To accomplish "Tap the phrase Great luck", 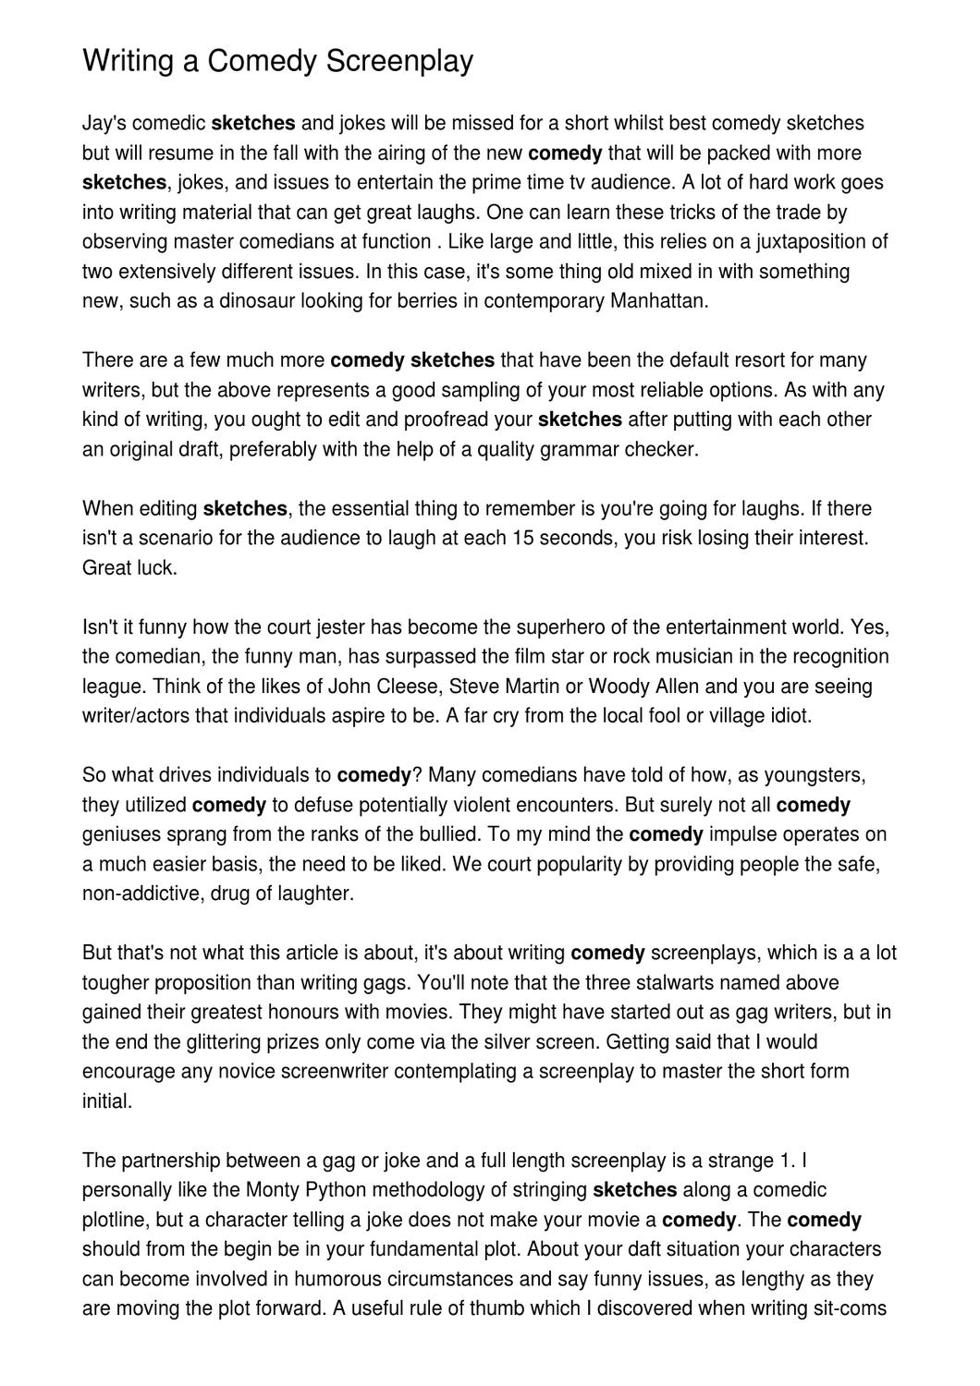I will [129, 567].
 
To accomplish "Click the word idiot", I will [790, 716].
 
